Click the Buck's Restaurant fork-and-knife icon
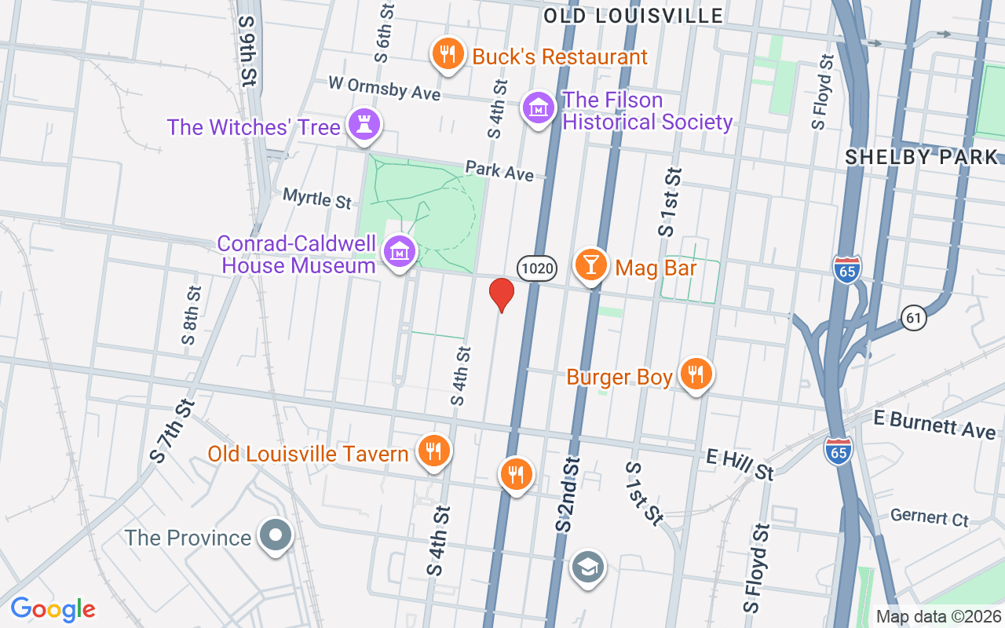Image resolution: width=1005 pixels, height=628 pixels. (448, 54)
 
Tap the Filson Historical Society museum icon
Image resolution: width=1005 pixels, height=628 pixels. (539, 108)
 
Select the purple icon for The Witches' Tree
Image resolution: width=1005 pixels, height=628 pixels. (364, 124)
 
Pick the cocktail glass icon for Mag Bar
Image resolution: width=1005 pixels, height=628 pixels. (590, 265)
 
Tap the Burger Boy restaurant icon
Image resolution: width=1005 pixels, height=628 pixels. (695, 374)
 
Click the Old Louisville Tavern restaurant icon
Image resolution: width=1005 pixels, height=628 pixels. (432, 451)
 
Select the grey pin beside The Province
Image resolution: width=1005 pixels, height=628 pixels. (275, 535)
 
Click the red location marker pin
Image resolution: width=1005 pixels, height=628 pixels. (501, 294)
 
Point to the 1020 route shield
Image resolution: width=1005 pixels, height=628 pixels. (537, 269)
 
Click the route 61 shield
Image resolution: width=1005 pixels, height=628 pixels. (912, 318)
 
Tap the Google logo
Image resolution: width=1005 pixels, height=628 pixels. (53, 609)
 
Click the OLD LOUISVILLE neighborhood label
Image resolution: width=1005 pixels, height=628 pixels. (633, 16)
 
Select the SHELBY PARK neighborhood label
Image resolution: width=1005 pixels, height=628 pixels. (921, 157)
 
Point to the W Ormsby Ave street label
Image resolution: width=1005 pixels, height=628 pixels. (384, 87)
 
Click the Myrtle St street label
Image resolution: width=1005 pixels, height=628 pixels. (317, 198)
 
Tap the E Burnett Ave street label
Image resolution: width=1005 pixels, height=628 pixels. (934, 425)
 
